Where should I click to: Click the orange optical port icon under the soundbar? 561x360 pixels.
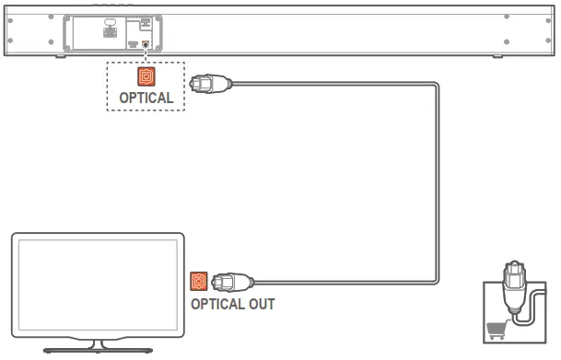[146, 77]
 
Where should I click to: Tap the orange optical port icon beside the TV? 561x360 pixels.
[198, 281]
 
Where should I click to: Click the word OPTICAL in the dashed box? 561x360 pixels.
[146, 98]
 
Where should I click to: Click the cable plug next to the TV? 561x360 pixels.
[228, 281]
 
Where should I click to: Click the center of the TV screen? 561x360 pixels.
[97, 286]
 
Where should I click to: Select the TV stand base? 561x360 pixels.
[97, 349]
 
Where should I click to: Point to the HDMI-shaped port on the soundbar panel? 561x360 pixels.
[134, 42]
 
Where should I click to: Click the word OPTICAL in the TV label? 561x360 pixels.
[217, 302]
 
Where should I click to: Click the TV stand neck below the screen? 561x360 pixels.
[97, 343]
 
